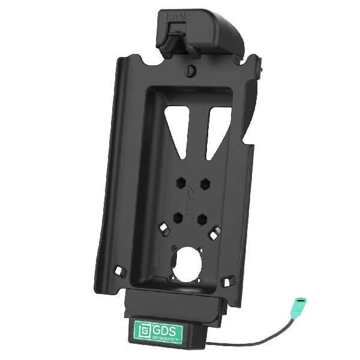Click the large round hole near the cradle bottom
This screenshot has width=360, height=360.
tap(193, 262)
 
